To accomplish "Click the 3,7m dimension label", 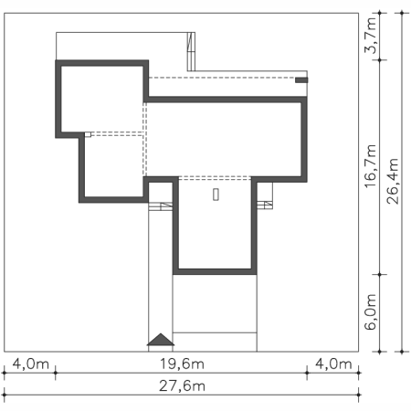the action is [x=371, y=36].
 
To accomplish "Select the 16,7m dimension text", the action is [x=371, y=166].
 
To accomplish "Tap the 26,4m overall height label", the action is [x=393, y=181].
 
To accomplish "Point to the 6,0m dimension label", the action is [x=371, y=311].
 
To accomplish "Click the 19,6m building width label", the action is [x=182, y=364].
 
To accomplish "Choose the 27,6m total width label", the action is [x=182, y=386].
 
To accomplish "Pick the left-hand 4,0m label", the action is [x=30, y=364].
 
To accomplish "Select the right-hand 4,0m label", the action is [x=333, y=364].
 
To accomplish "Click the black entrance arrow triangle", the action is [x=161, y=340].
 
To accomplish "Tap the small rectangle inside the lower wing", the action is [x=216, y=195].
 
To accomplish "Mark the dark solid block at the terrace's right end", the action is [x=301, y=80].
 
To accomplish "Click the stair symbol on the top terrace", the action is [x=191, y=51].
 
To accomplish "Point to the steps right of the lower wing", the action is [x=265, y=205].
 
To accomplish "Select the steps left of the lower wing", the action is [x=161, y=206].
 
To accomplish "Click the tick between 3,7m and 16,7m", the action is [x=379, y=60].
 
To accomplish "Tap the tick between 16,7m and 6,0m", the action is [x=379, y=274].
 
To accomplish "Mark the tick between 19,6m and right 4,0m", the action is [x=307, y=373].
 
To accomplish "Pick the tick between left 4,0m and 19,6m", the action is [x=55, y=373].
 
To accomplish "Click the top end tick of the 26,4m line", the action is [x=402, y=13].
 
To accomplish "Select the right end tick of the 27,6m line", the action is [x=359, y=395].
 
